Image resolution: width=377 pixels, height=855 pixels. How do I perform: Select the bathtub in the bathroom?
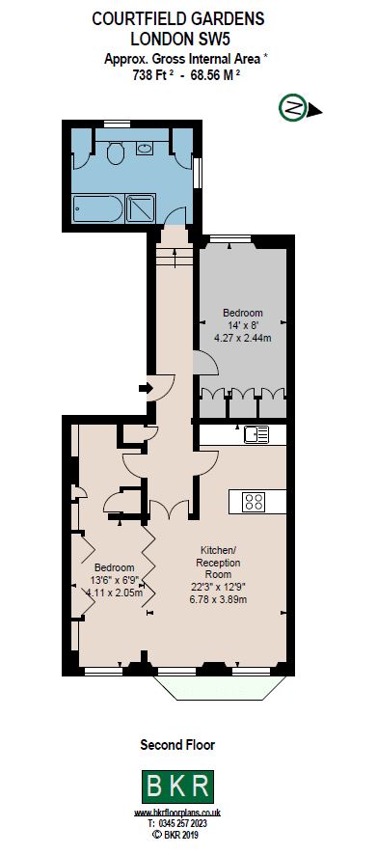point(96,207)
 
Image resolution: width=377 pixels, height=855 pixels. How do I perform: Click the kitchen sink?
point(256,434)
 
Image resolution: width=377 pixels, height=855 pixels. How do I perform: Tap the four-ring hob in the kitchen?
point(255,501)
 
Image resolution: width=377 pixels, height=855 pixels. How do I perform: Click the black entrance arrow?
point(146,388)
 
